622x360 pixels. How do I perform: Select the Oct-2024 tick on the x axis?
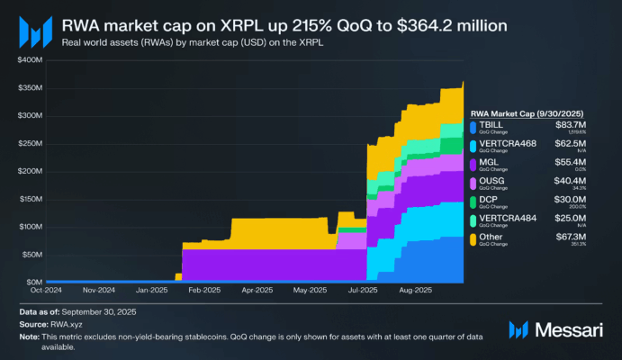click(x=46, y=291)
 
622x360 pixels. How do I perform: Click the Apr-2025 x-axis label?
click(x=258, y=291)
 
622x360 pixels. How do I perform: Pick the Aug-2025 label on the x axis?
click(x=417, y=291)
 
